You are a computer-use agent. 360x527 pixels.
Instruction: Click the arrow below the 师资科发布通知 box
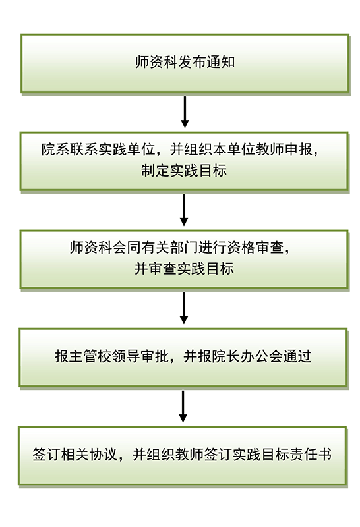click(185, 112)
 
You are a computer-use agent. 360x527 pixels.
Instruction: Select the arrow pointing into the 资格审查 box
click(184, 210)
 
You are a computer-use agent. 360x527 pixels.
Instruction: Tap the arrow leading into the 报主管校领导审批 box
click(183, 308)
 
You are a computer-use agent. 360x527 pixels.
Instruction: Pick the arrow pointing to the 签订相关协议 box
click(183, 406)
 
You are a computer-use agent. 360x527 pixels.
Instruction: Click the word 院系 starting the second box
click(55, 150)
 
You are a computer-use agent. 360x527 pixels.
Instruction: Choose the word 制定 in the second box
click(155, 171)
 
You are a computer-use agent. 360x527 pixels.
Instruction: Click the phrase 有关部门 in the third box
click(169, 248)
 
